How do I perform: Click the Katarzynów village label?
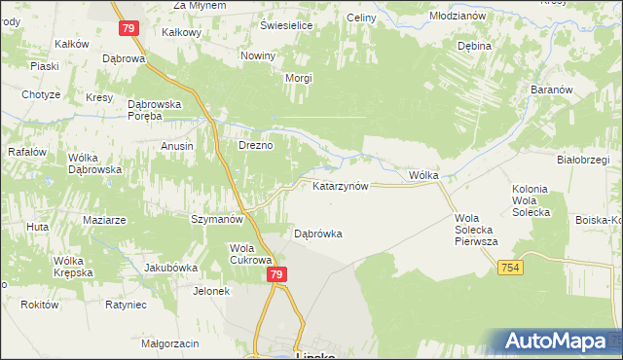coord(340,186)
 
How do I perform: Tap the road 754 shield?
coord(511,267)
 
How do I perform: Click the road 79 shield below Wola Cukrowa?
coord(277,275)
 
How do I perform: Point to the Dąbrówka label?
coord(318,234)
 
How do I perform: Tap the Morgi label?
coord(297,78)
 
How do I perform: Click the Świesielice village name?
coord(286,25)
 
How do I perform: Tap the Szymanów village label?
coord(216,220)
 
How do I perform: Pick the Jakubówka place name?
coord(171,268)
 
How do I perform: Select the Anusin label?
coord(177,146)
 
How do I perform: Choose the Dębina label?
coord(473,46)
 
